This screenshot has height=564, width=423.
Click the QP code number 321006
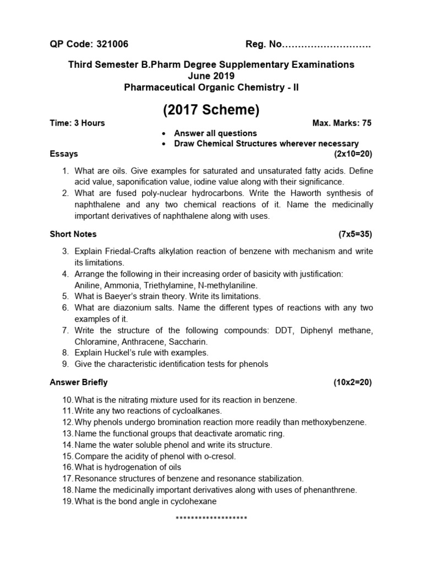tap(112, 44)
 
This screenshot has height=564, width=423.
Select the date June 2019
tap(211, 76)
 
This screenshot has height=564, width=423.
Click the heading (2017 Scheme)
tap(211, 110)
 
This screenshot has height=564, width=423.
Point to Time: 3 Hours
tap(77, 123)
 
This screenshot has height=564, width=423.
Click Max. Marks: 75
tap(341, 123)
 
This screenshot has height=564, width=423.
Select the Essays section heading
tap(64, 154)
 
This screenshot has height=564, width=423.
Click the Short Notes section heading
tap(73, 234)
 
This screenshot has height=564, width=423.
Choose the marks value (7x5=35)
tap(355, 234)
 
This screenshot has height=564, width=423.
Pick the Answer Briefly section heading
tap(79, 382)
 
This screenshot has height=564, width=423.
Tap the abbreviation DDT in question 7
tap(288, 330)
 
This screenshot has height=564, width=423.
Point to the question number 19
tap(67, 501)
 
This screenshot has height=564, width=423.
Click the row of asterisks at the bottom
tap(211, 519)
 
